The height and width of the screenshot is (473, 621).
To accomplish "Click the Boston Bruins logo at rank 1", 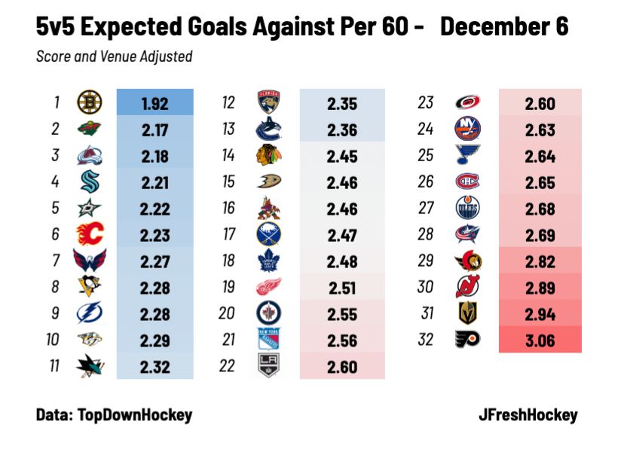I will point(90,103).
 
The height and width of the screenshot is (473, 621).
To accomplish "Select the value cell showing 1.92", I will point(154,103).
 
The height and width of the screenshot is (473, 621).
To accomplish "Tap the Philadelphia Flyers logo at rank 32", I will point(467,340).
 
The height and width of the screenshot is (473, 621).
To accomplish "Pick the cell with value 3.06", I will point(540,340).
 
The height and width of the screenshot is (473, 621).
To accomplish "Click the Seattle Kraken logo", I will point(90,182).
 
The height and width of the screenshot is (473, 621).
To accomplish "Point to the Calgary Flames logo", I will point(90,234).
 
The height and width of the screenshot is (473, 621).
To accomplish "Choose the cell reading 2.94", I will point(540,314).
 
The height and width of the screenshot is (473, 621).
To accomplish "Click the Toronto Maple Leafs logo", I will point(269,261).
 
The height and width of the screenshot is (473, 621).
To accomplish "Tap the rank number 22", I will point(228,366).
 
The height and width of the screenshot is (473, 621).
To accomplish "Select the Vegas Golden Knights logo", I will point(467,313).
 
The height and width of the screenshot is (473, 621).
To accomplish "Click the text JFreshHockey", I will point(528,414).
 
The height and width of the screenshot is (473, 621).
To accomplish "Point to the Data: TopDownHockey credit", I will point(114,414).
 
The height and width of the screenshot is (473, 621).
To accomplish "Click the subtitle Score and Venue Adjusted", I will point(114,56).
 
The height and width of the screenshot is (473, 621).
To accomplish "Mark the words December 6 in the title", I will point(503,28).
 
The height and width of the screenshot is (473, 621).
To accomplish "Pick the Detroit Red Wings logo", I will point(269,287).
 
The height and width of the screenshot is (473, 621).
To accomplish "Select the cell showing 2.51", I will point(342,287).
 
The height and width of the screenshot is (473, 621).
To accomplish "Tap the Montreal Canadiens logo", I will point(467,182).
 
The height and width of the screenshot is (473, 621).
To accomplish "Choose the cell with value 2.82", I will point(540,261).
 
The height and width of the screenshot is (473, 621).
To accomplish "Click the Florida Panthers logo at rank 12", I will point(269,103).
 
